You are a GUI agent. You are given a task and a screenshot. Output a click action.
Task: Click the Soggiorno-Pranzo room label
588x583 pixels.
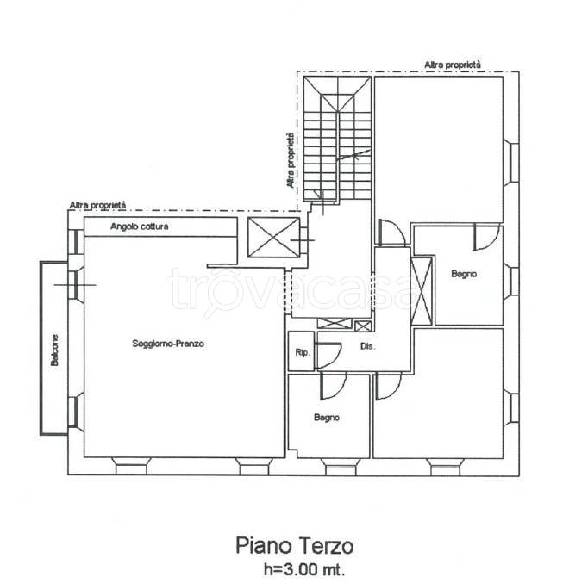pyautogui.click(x=168, y=344)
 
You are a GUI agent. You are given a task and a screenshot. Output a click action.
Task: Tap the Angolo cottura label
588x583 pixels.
pyautogui.click(x=140, y=226)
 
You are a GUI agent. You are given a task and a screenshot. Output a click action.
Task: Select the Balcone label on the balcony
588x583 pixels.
pyautogui.click(x=55, y=350)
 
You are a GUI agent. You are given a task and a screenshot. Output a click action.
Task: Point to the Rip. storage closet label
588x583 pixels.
pyautogui.click(x=303, y=353)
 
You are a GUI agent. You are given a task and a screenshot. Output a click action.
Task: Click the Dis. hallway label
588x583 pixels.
pyautogui.click(x=367, y=346)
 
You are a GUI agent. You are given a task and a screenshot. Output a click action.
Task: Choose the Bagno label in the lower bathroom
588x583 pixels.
pyautogui.click(x=327, y=418)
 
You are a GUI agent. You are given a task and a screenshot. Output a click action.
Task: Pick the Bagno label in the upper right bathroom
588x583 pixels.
pyautogui.click(x=464, y=274)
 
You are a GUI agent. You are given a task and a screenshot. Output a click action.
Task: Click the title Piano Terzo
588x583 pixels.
pyautogui.click(x=294, y=546)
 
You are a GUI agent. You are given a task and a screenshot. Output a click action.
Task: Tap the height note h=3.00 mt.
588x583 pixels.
pyautogui.click(x=304, y=569)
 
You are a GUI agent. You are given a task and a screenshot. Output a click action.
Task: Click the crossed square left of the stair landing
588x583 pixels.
pyautogui.click(x=274, y=238)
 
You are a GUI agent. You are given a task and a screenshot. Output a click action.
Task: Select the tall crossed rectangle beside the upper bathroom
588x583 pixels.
pyautogui.click(x=422, y=291)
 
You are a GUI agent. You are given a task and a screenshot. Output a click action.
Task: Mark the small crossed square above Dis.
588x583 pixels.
pyautogui.click(x=363, y=326)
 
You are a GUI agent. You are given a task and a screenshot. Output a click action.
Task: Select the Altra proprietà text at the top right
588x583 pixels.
pyautogui.click(x=453, y=65)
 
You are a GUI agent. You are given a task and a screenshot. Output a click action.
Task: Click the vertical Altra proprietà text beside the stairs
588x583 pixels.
pyautogui.click(x=290, y=160)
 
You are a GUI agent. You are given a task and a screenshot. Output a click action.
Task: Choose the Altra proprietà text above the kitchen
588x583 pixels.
pyautogui.click(x=98, y=205)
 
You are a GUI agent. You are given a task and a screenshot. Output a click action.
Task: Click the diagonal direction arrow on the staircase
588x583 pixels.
pyautogui.click(x=353, y=155)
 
